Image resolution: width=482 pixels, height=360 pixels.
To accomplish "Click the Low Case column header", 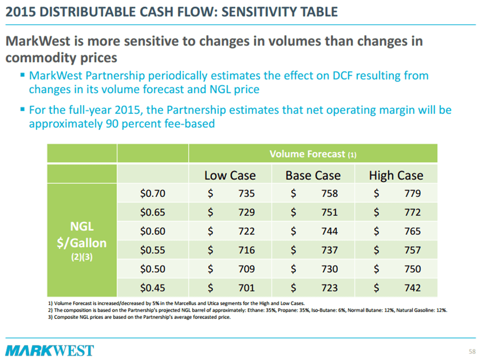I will point(230,175).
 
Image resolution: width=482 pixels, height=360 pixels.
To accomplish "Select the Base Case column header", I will point(313,175).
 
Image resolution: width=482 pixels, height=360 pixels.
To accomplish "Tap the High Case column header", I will point(396,175).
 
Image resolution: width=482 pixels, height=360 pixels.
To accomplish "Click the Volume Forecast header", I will point(312,153).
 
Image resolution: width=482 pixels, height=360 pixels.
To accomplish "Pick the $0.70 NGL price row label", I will point(153,194).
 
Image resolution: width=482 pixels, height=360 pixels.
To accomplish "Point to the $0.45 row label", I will point(153,288).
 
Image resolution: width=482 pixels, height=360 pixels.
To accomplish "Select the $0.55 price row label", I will point(153,250).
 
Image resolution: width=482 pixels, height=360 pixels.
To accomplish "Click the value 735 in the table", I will point(246,194).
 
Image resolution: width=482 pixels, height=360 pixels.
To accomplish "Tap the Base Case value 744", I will point(329,231).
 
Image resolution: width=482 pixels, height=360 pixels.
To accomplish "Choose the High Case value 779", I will point(412,194).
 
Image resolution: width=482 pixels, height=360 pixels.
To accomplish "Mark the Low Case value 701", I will point(246,288).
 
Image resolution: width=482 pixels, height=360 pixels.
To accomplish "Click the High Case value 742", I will point(412,288).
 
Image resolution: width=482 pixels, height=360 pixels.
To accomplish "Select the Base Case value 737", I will point(329,250).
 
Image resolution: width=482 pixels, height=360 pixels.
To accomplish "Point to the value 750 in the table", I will point(412,269).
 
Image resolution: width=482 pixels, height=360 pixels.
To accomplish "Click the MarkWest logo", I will point(50,351).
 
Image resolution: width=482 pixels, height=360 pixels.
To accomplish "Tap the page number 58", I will point(472,351).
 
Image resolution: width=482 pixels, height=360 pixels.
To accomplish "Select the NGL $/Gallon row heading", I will point(82,241).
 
